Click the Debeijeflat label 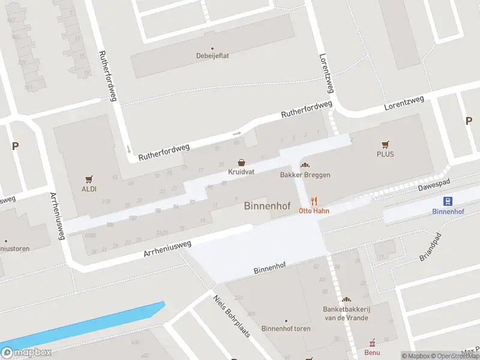(212, 56)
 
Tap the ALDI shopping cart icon (89, 179)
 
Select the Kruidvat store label (241, 172)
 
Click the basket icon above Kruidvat (241, 163)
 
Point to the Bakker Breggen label (305, 175)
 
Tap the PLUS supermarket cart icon (385, 145)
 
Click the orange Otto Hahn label (314, 211)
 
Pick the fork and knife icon (313, 202)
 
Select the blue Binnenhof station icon (447, 202)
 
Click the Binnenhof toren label (286, 329)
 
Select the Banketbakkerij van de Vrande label (346, 313)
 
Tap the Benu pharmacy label (372, 352)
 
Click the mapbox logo (26, 352)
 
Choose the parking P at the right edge (469, 121)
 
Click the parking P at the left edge (15, 146)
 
